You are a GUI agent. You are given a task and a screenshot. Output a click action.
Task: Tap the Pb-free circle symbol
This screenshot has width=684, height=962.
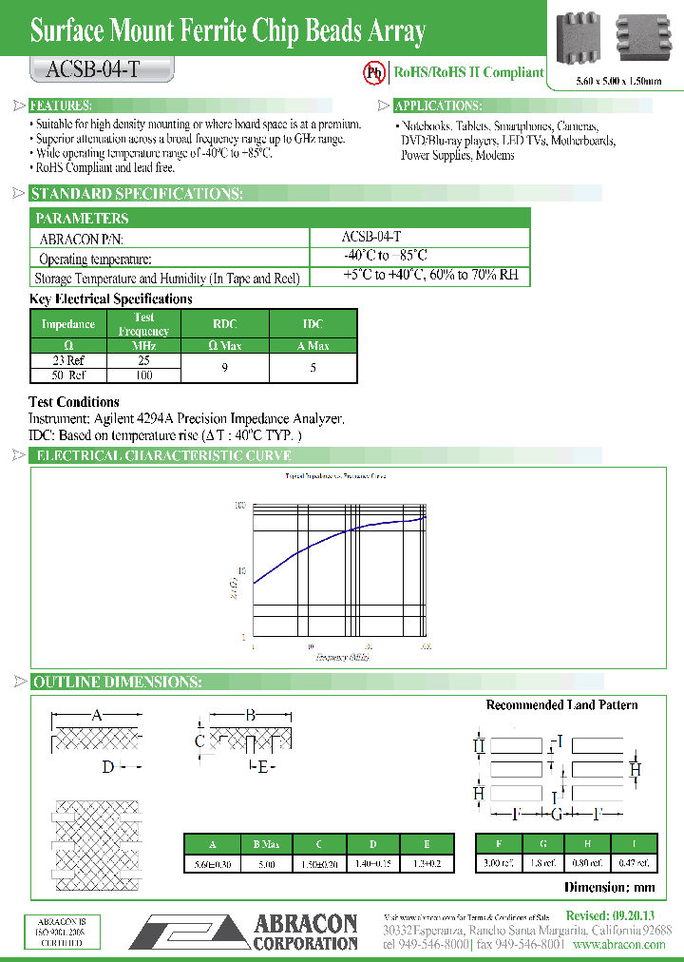(375, 72)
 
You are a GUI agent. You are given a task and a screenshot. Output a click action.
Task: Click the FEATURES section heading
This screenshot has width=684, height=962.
(61, 106)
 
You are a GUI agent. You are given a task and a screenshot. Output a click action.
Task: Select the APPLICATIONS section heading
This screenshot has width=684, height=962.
(438, 106)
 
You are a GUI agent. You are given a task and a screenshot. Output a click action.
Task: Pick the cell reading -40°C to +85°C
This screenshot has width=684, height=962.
(385, 256)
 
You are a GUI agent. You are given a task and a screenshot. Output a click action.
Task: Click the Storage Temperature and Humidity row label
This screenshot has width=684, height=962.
(167, 278)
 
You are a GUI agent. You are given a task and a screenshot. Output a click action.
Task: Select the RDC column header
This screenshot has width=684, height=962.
(224, 324)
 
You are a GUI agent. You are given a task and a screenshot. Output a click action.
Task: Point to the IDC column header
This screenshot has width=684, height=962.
(313, 324)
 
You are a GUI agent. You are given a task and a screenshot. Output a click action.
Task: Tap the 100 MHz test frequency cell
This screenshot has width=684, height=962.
(143, 375)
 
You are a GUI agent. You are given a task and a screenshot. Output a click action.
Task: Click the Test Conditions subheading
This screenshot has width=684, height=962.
(74, 402)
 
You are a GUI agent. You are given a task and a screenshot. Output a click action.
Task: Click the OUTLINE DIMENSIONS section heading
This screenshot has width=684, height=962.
(116, 683)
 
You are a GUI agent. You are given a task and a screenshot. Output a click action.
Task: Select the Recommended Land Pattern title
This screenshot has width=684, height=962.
(561, 705)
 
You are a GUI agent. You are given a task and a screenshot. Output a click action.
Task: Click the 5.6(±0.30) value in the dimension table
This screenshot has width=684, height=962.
(210, 863)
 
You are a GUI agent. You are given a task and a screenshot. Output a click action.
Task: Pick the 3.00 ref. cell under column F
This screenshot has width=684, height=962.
(501, 863)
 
